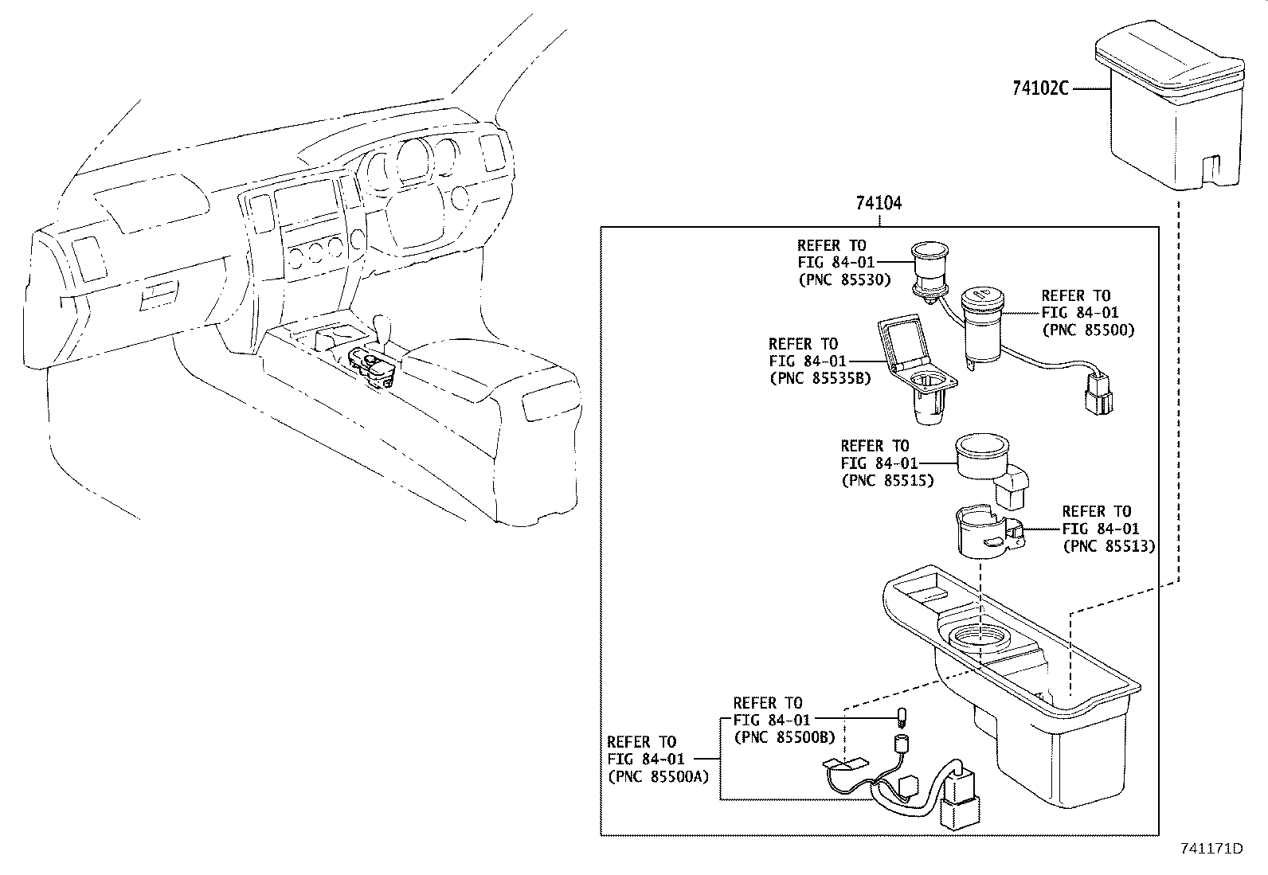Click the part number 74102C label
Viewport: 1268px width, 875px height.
pos(1039,88)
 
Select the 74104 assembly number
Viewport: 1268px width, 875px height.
pos(879,203)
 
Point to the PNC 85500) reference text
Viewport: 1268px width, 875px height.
pos(1087,330)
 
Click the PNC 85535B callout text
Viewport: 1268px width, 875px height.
pos(820,378)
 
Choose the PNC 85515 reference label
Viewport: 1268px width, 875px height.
pos(886,480)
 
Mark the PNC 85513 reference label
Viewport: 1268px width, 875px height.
pos(1109,546)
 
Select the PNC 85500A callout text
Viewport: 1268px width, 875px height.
pos(657,776)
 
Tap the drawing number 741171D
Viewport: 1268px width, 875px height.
pos(1211,848)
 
